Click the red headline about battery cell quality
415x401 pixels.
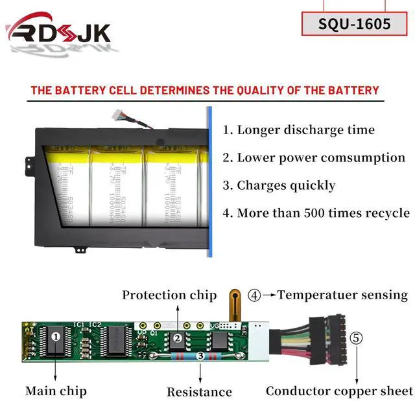coord(204,90)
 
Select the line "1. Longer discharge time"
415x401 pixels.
coord(298,130)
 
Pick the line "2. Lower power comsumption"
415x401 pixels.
coord(313,157)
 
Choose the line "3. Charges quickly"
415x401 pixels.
coord(279,185)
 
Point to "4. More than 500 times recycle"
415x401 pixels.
coord(316,212)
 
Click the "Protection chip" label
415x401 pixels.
coord(169,295)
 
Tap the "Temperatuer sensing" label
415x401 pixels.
coord(342,295)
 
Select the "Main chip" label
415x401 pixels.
coord(56,391)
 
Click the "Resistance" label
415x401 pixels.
coord(199,391)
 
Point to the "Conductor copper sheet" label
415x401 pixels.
coord(339,391)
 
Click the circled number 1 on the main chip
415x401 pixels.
coord(56,336)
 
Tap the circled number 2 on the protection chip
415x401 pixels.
coord(176,338)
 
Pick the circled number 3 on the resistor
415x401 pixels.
coord(200,356)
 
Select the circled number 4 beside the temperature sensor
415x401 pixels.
coord(255,295)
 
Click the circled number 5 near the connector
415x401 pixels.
coord(357,338)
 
